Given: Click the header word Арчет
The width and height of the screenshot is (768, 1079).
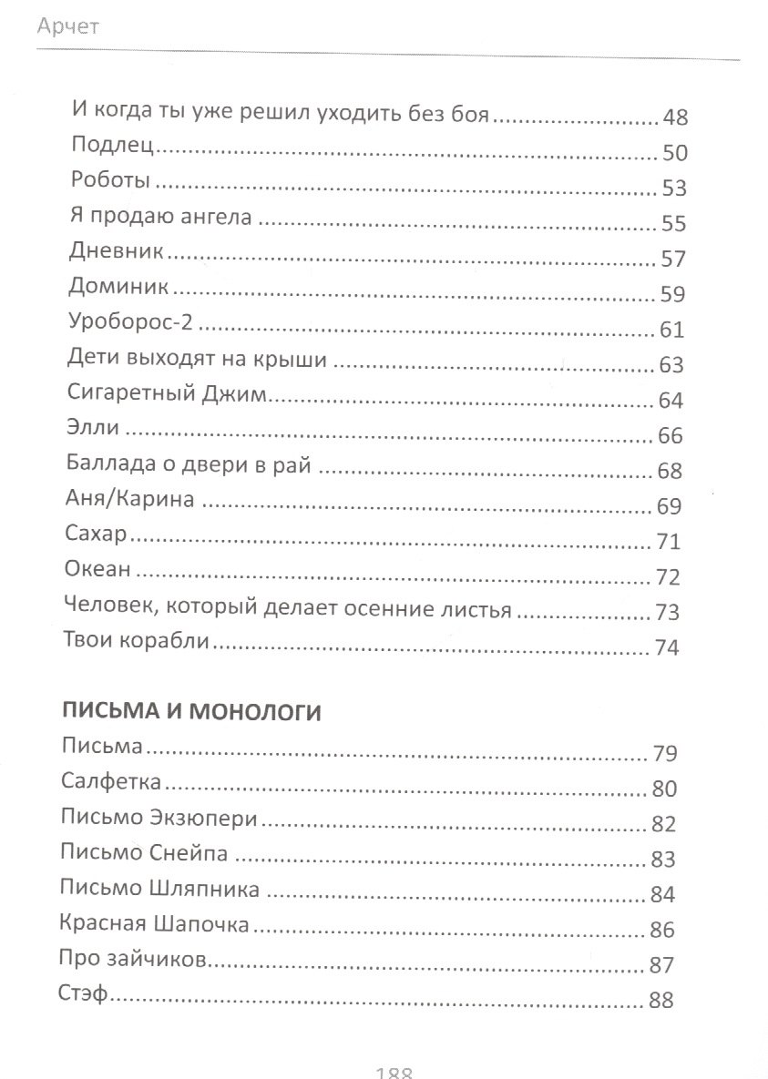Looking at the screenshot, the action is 69,27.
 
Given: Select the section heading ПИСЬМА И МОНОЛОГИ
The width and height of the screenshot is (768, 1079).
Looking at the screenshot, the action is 191,712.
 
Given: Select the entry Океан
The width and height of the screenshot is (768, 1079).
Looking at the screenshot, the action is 98,570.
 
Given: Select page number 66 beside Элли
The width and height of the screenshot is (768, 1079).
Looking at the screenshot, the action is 670,435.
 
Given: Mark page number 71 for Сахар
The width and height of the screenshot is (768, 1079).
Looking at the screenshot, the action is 669,542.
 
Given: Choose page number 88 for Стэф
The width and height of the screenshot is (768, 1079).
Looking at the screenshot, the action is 660,1000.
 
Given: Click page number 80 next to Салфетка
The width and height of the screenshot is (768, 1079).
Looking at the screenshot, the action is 664,789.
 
